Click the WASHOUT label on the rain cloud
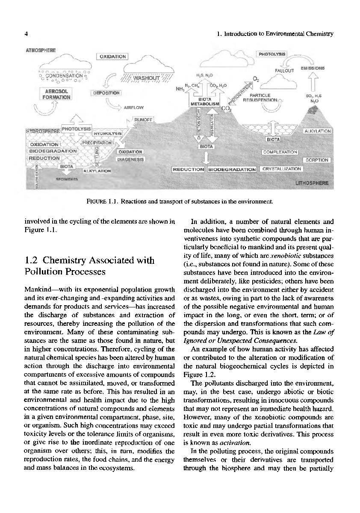point(146,79)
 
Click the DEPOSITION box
point(106,93)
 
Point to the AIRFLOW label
point(133,107)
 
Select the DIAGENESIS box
point(131,159)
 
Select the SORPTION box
point(316,160)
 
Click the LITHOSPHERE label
point(311,183)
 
